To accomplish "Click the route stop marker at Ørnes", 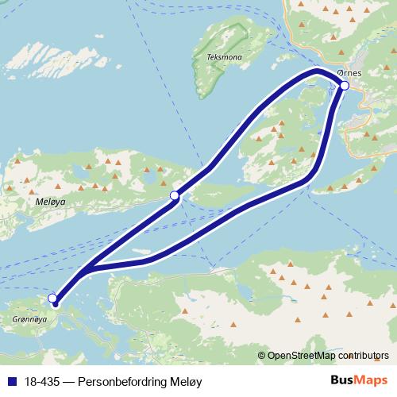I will click(344, 85).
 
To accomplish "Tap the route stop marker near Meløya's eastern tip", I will click(174, 195).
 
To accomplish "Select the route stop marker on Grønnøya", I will click(52, 299).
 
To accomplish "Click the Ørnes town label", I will click(349, 73).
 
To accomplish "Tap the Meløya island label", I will click(51, 202).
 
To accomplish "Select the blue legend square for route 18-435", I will click(8, 382).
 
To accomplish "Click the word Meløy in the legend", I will click(187, 382).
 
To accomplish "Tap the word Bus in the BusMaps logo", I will click(341, 381).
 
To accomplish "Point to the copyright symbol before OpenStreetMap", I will click(262, 356).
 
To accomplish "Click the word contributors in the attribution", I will click(363, 356).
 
